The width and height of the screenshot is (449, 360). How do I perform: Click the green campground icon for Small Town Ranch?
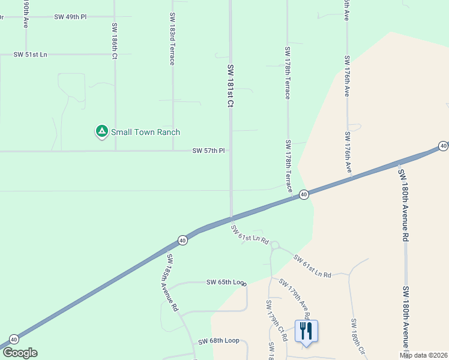pos(101,131)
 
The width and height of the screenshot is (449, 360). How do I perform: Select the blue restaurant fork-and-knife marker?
pos(306,331)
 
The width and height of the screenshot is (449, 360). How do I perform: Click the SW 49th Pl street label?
pos(70,17)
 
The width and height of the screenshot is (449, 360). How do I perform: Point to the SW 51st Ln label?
pos(30,55)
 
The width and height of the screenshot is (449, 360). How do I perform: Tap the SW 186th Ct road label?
pos(114,41)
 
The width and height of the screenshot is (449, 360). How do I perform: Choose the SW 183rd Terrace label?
pos(172,39)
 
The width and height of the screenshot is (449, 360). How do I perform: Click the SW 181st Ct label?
pos(230,86)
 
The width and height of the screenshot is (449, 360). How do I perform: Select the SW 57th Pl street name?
pos(208,151)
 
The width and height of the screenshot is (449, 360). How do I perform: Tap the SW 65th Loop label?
pos(226,282)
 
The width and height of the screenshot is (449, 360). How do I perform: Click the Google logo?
pos(20,353)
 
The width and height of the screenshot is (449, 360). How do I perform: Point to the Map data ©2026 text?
pos(423,355)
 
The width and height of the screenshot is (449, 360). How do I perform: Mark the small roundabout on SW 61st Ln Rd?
pos(275,245)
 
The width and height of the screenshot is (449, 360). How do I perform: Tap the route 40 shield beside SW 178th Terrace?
pos(304,194)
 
